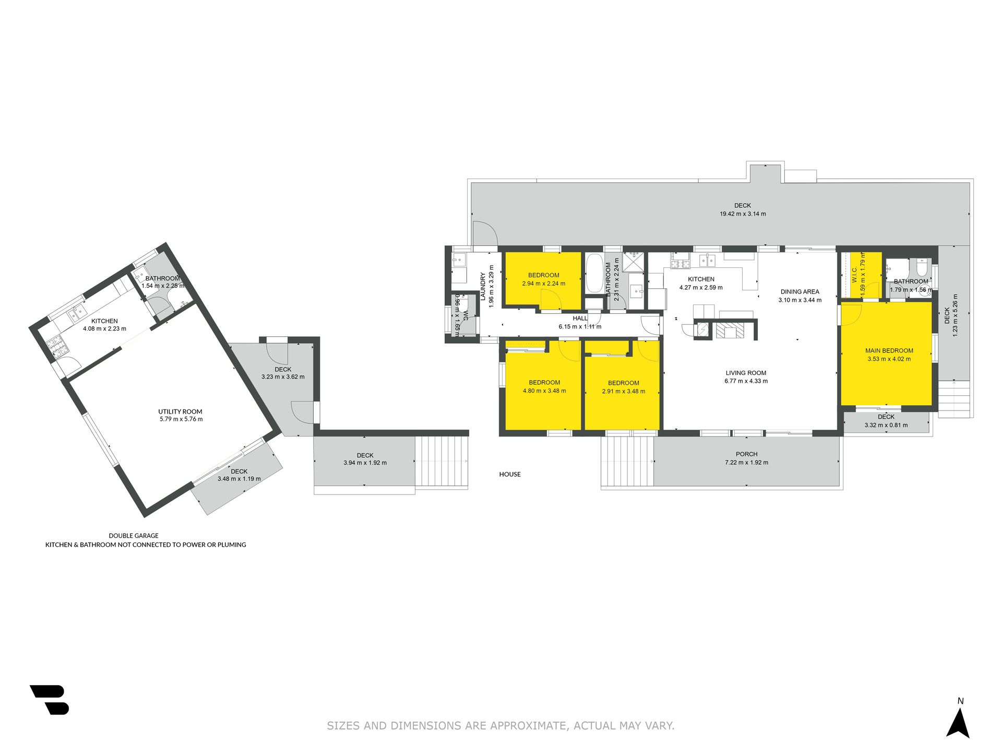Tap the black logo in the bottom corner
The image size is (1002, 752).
50,700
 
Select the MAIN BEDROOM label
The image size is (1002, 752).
889,351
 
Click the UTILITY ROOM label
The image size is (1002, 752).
180,412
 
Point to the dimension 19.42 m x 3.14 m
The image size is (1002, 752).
743,214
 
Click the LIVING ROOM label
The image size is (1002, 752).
746,373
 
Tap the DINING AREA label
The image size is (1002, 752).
800,292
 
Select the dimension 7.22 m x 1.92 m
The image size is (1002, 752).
746,463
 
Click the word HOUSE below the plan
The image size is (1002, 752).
510,474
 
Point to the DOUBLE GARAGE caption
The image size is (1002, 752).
134,535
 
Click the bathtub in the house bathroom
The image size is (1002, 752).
594,274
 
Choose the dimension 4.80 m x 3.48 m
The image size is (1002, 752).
544,391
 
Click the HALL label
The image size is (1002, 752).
580,319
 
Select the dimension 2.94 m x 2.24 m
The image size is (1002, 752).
544,284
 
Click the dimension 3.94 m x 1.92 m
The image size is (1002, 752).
365,463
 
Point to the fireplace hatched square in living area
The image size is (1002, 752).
727,331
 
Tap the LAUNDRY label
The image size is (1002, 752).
483,286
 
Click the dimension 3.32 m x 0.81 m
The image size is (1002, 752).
886,425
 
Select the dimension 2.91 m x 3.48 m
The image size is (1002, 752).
624,392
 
